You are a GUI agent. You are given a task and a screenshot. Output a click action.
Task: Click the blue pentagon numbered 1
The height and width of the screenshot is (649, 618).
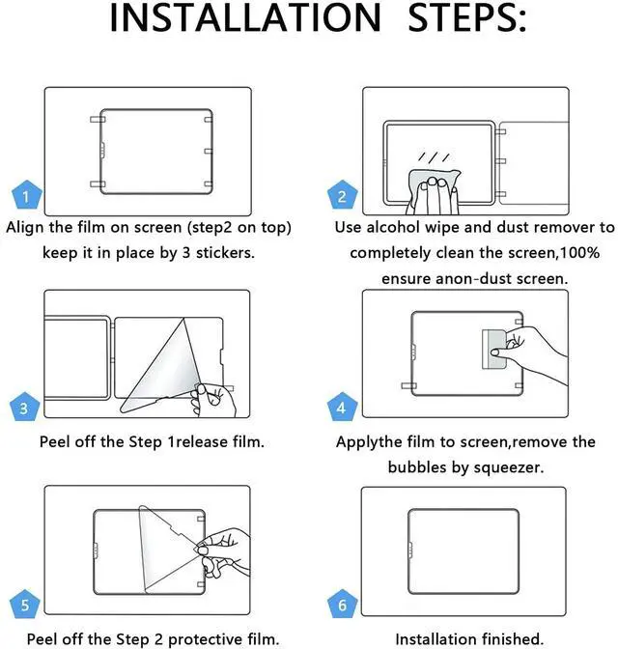27,194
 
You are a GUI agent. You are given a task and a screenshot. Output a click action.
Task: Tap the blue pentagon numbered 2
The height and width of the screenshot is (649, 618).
343,194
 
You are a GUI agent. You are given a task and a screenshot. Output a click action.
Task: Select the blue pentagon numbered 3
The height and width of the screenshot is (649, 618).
25,407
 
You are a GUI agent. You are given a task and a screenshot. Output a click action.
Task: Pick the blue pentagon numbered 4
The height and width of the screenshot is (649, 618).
343,407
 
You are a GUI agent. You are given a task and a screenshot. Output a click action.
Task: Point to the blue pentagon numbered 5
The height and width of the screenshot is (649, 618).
25,604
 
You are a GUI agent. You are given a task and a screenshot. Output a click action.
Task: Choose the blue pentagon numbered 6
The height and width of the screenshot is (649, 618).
343,604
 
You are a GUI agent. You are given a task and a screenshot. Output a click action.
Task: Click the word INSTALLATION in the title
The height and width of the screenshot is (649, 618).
245,17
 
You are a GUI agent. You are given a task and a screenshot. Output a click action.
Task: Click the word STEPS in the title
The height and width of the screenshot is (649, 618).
467,17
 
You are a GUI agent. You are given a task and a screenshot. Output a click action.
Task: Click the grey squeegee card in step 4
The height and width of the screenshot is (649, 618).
494,349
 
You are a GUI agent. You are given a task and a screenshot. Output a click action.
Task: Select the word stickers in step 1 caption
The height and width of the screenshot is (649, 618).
225,252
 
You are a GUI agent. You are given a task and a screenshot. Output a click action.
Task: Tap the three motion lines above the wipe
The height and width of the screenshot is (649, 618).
434,157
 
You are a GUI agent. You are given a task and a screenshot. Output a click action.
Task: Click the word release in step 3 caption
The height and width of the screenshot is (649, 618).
202,442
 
